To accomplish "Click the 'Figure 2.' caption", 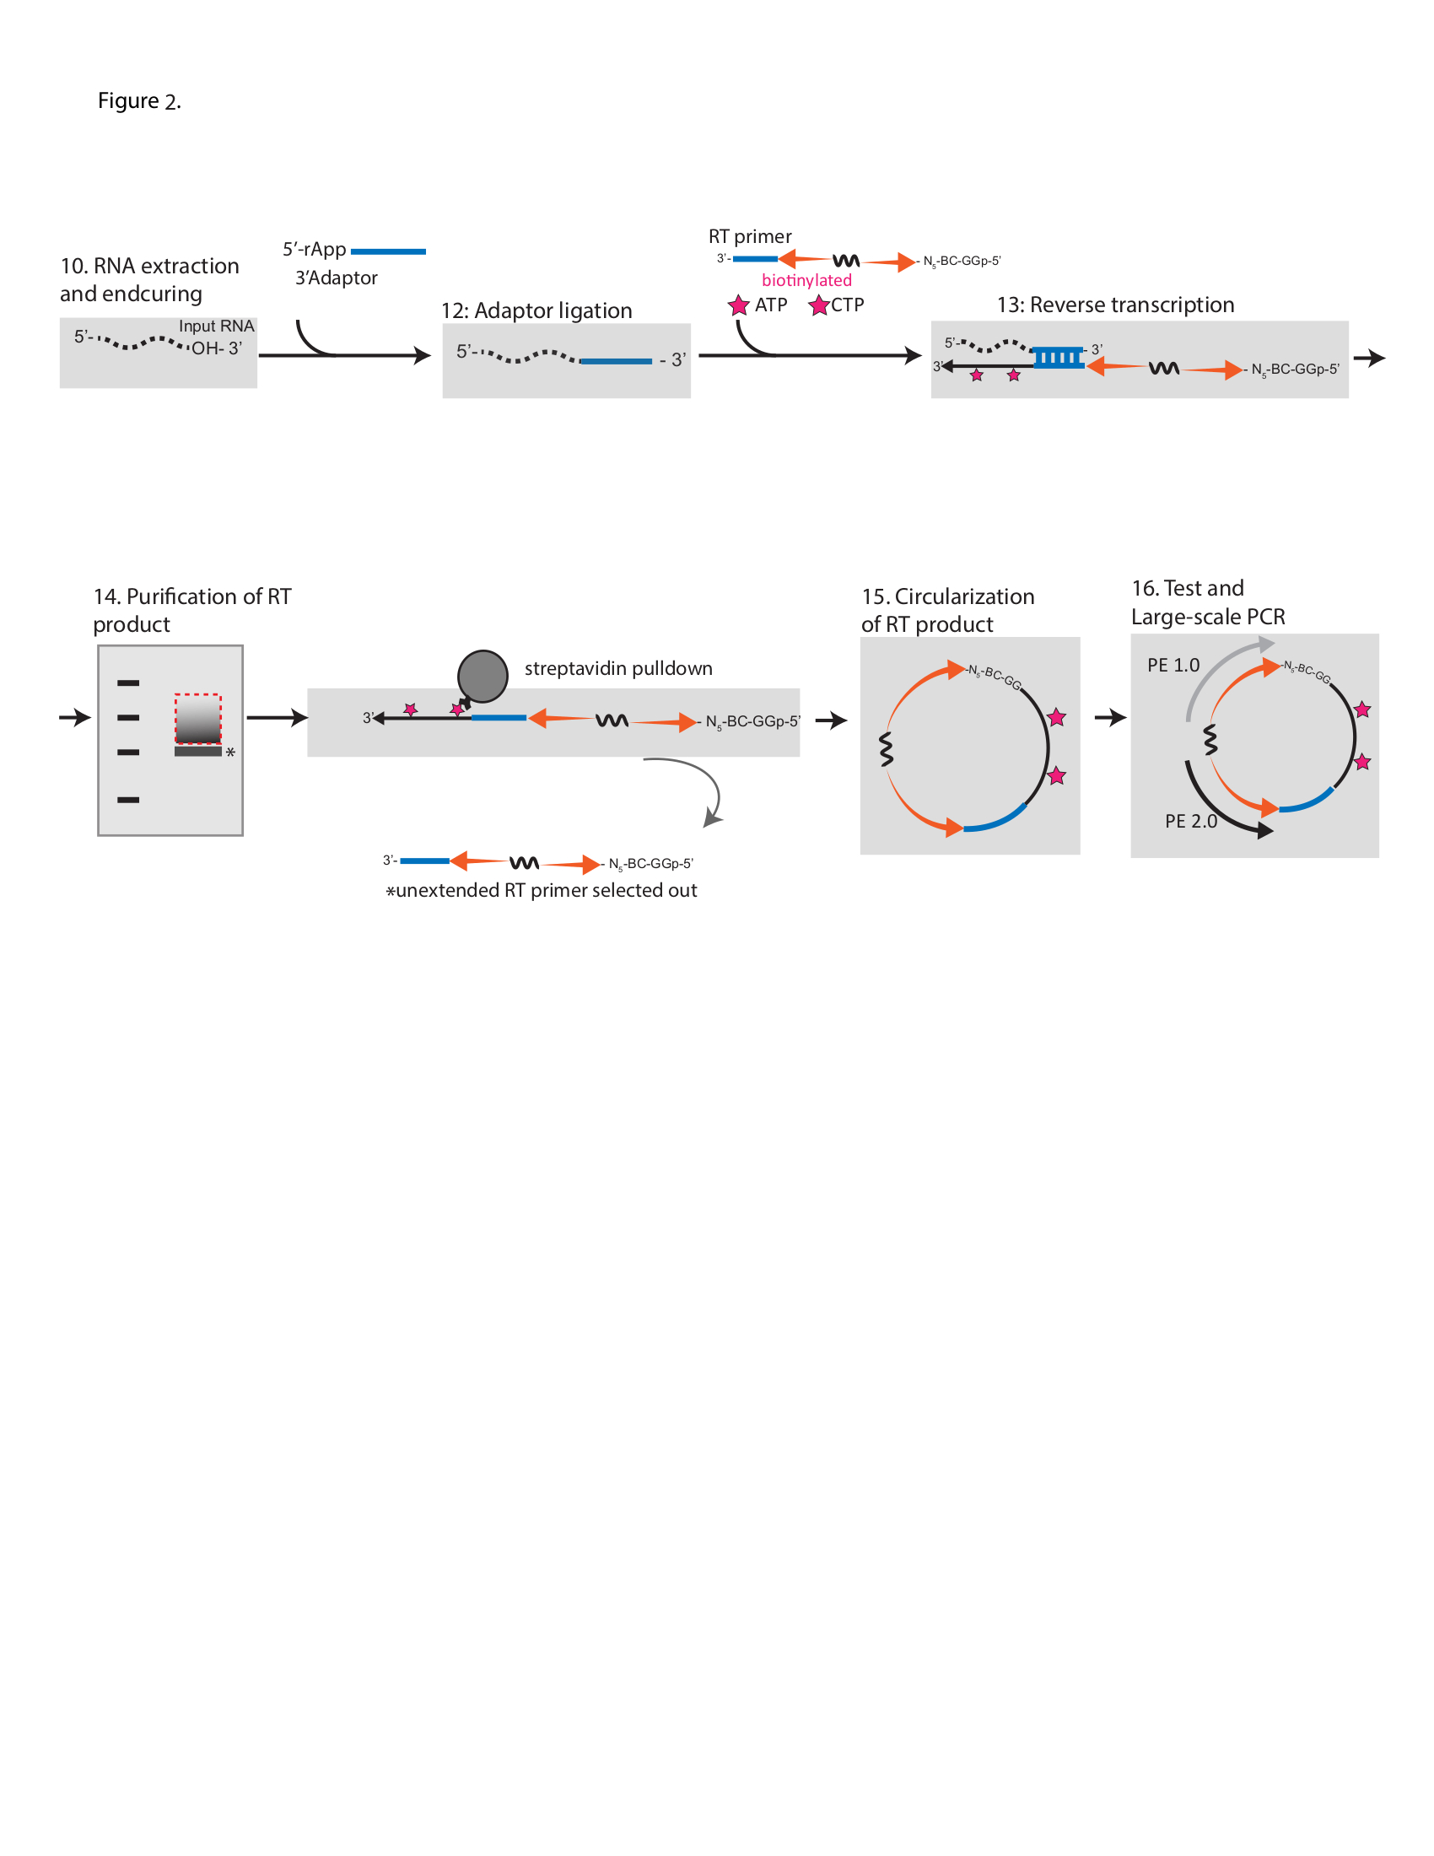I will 138,101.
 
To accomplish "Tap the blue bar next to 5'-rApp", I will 387,251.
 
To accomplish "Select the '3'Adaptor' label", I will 336,278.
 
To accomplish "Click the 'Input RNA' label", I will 216,326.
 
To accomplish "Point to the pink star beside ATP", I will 738,305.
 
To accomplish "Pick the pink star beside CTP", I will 818,305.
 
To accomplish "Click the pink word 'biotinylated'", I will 806,280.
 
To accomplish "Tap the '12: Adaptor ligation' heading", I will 536,310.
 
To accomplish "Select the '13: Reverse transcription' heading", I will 1114,305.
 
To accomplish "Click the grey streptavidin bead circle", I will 482,676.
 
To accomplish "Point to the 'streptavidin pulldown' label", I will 617,668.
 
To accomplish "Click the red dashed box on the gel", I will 198,719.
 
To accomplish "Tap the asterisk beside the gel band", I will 230,753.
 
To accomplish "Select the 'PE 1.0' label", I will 1173,666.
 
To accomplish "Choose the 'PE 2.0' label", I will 1190,821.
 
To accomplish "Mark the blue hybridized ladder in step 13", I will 1059,358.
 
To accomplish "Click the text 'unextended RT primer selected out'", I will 546,890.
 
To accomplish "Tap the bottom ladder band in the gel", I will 128,800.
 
